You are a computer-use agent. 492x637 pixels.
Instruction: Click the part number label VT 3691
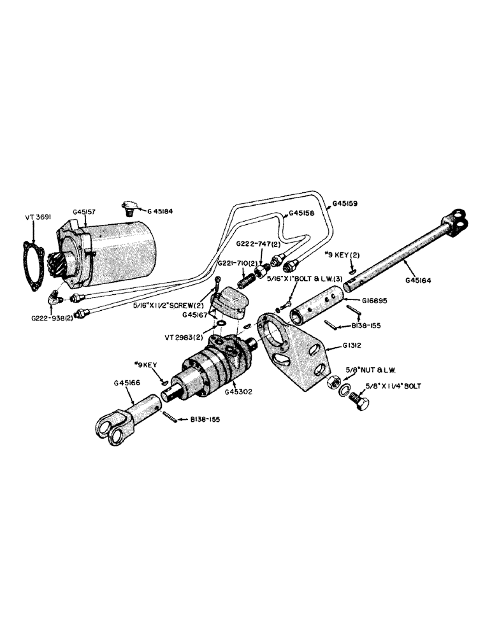[x=36, y=217]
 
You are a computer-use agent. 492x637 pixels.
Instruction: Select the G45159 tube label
[x=345, y=205]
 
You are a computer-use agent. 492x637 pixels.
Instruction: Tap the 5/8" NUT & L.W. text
[x=380, y=369]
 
